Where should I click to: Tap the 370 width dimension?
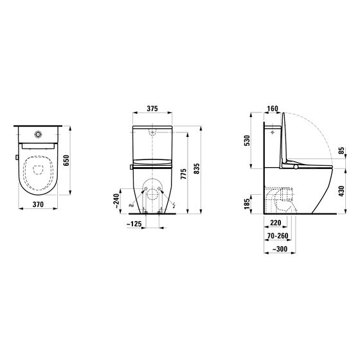coord(38,204)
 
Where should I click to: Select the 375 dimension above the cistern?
coord(152,109)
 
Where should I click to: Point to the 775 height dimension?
coord(184,170)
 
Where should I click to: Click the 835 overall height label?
coord(197,168)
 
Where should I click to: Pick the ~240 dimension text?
coord(117,201)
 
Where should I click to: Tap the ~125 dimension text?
coord(134,224)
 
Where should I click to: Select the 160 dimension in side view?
coord(273,109)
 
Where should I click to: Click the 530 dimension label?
coord(247,141)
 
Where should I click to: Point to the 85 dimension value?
coord(342,150)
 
